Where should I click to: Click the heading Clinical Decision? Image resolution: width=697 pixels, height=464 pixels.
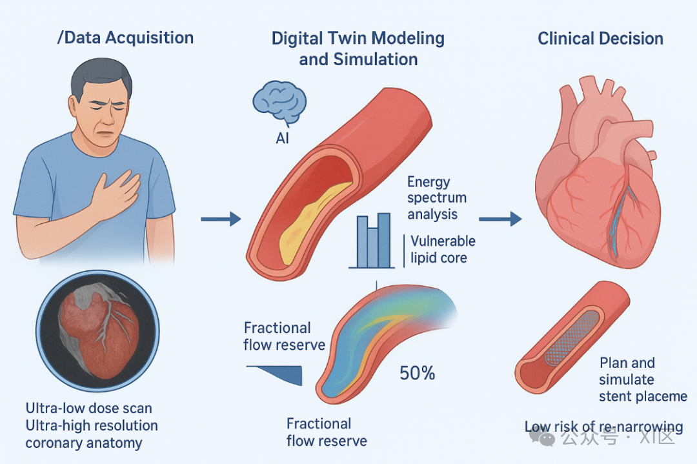coord(600,39)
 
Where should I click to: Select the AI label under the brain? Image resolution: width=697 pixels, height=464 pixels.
coord(282,139)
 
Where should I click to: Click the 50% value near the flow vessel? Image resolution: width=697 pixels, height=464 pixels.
coord(417,373)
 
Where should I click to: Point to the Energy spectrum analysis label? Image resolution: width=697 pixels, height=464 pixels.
coord(437,198)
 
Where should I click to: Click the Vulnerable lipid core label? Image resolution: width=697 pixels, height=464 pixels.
coord(443,250)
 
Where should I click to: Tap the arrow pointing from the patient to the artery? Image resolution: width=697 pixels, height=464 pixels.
coord(220,220)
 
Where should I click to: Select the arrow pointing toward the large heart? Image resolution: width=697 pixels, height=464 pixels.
coord(500,220)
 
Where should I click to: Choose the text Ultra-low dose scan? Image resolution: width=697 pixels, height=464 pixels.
coord(88,409)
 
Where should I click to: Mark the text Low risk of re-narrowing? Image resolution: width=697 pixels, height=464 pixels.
coord(603,427)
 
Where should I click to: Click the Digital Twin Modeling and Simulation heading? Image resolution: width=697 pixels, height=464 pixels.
coord(358,48)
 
